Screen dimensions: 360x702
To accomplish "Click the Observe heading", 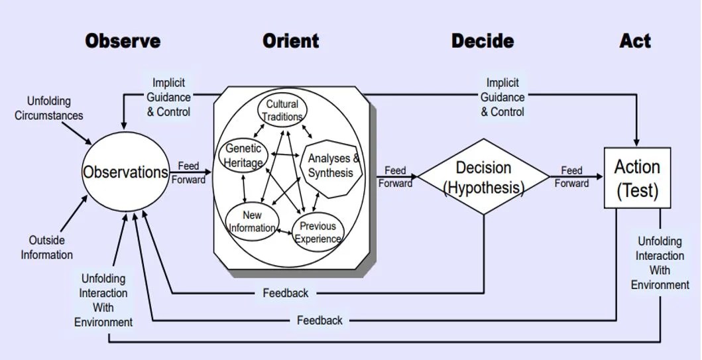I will click(x=123, y=41).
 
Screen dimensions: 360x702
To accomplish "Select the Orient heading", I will click(x=290, y=41).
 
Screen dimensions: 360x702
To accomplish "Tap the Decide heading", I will click(x=483, y=41).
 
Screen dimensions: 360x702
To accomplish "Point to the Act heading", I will click(x=635, y=41).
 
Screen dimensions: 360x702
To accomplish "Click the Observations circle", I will click(x=125, y=172).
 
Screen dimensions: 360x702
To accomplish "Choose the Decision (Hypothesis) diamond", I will click(x=483, y=177).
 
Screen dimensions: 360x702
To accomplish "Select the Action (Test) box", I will click(x=637, y=178).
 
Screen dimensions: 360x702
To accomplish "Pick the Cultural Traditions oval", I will click(x=282, y=110).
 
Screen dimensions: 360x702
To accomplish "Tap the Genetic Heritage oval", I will click(x=243, y=155).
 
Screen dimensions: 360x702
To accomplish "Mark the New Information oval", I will click(x=252, y=221).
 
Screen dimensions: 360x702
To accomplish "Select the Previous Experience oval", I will click(x=318, y=232).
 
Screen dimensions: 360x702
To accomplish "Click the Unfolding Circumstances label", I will click(x=49, y=108).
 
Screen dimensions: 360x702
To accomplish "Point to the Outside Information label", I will click(x=46, y=247).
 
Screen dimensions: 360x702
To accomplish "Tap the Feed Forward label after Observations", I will click(x=188, y=172).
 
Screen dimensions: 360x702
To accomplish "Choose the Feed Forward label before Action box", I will click(x=571, y=177).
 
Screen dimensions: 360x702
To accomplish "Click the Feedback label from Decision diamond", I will click(x=286, y=292).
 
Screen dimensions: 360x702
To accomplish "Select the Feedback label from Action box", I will click(x=320, y=320).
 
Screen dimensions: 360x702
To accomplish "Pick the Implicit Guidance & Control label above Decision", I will click(x=502, y=97).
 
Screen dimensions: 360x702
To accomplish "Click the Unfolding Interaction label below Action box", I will click(x=660, y=263).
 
